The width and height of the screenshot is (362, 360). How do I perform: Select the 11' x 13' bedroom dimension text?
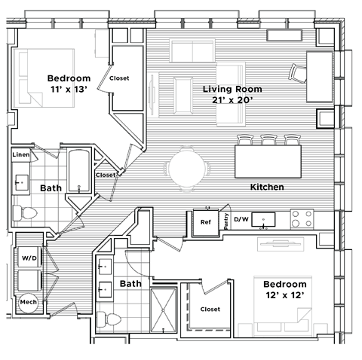coord(69,90)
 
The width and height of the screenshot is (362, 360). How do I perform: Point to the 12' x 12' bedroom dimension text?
coord(284,295)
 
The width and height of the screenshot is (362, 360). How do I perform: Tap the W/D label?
coord(29,258)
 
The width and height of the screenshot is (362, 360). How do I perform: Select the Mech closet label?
coord(29,302)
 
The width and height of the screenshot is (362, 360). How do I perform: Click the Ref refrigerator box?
coord(205,222)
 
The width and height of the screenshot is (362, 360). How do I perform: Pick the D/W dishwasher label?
coord(241,220)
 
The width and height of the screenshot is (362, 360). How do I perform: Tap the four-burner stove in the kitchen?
coord(302,219)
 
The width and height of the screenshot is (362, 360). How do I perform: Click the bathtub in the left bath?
coord(78,171)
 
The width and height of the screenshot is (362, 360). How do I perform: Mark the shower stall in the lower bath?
coord(164,309)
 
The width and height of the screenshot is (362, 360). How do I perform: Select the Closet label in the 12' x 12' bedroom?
coord(210,309)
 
